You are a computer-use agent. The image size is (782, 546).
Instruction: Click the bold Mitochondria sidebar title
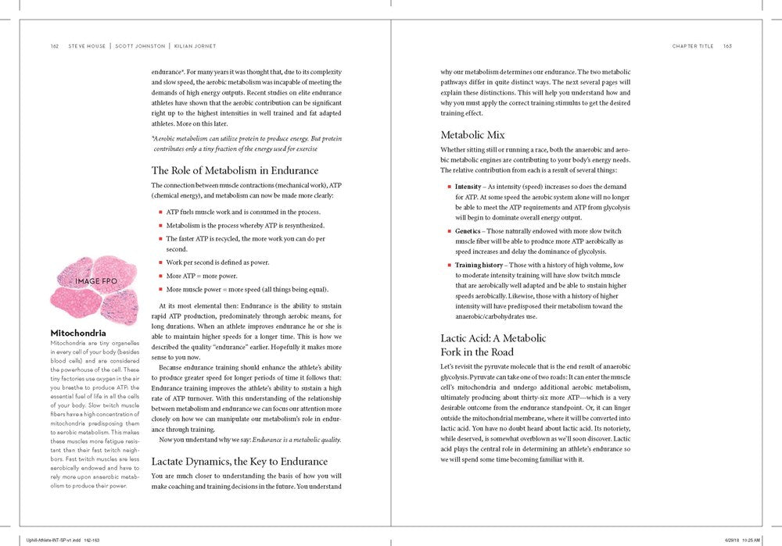coord(78,334)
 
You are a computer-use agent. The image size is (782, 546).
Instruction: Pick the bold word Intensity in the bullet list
coord(468,187)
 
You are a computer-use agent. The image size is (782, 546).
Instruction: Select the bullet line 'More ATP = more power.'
coord(198,276)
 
